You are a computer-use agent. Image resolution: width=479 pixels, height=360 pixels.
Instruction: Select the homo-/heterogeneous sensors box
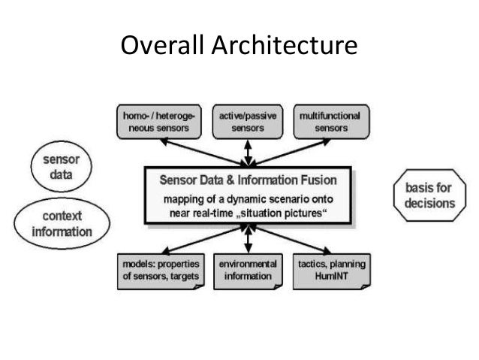click(x=162, y=123)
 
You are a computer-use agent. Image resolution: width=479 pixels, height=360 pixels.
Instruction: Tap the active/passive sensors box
click(x=247, y=123)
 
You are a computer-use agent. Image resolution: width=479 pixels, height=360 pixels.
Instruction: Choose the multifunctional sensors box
click(x=330, y=123)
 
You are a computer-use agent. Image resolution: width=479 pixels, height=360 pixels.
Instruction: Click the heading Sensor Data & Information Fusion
click(x=249, y=180)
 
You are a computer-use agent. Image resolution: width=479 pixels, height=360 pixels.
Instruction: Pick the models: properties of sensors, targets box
click(x=161, y=271)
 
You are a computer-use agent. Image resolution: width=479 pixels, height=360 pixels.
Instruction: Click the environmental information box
click(x=247, y=271)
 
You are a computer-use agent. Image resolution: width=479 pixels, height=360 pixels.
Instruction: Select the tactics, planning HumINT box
click(x=330, y=271)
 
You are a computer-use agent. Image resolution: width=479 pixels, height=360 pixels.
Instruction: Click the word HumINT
click(x=330, y=277)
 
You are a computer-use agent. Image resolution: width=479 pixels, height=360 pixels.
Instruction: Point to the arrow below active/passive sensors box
click(x=249, y=153)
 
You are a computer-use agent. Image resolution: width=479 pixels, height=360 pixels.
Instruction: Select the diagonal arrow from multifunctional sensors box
click(x=316, y=153)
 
